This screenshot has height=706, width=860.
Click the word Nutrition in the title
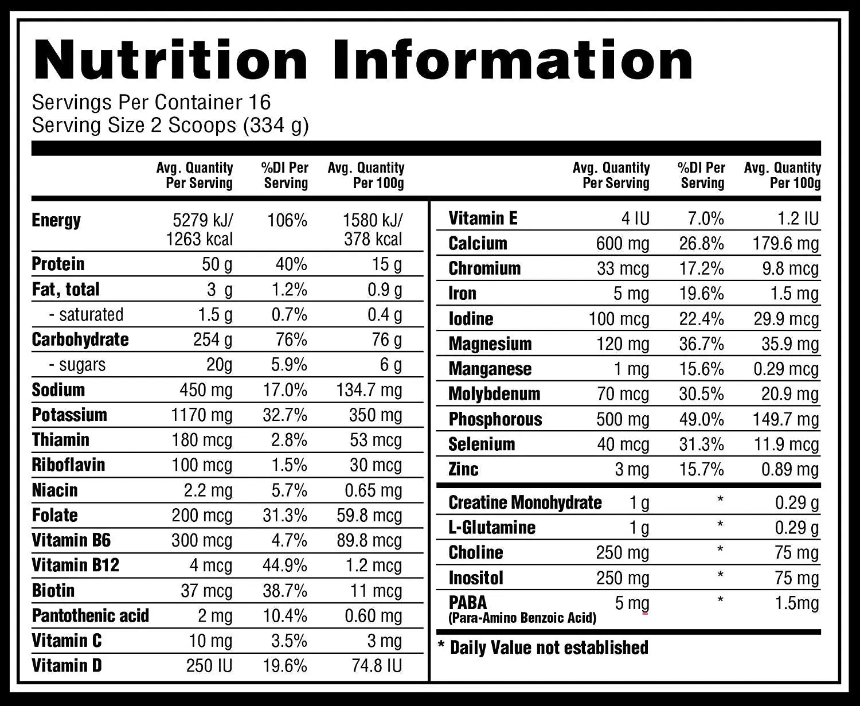pos(171,60)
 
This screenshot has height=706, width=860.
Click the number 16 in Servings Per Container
pos(259,103)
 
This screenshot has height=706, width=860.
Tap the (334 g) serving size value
pos(276,126)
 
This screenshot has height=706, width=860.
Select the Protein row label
pos(58,264)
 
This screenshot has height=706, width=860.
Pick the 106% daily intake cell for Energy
pos(287,220)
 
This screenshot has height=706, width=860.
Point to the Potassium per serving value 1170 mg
pos(202,415)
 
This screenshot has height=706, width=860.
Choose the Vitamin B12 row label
pos(75,565)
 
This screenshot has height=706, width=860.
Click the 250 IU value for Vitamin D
pos(209,666)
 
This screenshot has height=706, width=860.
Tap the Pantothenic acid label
pos(91,616)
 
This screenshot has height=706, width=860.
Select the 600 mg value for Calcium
pos(622,244)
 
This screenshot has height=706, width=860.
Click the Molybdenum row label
pos(494,394)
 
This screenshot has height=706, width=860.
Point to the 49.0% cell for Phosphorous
pos(701,419)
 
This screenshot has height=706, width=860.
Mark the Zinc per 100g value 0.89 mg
pos(789,470)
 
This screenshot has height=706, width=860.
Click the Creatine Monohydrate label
pos(525,503)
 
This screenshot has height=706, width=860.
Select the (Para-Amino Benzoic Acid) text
pos(522,618)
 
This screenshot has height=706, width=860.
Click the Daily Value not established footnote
pos(543,648)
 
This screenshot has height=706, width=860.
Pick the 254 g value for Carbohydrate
pos(213,340)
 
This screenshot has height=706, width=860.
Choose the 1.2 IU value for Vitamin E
pos(798,219)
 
